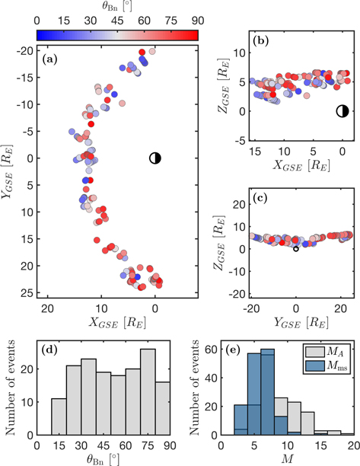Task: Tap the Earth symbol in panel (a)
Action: click(155, 158)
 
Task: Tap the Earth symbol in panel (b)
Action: click(342, 111)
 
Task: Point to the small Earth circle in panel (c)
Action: click(296, 248)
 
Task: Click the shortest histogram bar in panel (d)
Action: click(59, 417)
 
